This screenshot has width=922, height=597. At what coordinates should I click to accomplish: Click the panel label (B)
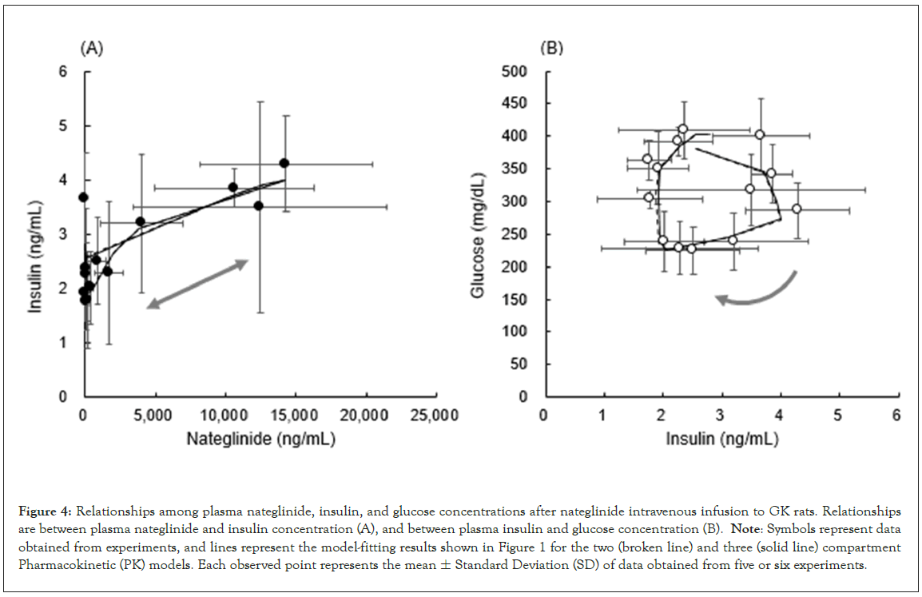click(x=552, y=49)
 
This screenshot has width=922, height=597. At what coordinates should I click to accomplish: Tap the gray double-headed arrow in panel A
click(x=197, y=284)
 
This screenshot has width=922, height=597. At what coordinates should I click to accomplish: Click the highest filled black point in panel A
click(x=284, y=163)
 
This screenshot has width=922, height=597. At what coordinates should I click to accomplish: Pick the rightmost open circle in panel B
click(x=797, y=209)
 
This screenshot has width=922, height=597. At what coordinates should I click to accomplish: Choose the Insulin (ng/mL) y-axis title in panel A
click(x=35, y=234)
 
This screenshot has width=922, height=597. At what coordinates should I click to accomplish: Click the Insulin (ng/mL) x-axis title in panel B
click(x=720, y=439)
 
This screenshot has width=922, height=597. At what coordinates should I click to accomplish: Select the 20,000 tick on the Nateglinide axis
click(x=366, y=416)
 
